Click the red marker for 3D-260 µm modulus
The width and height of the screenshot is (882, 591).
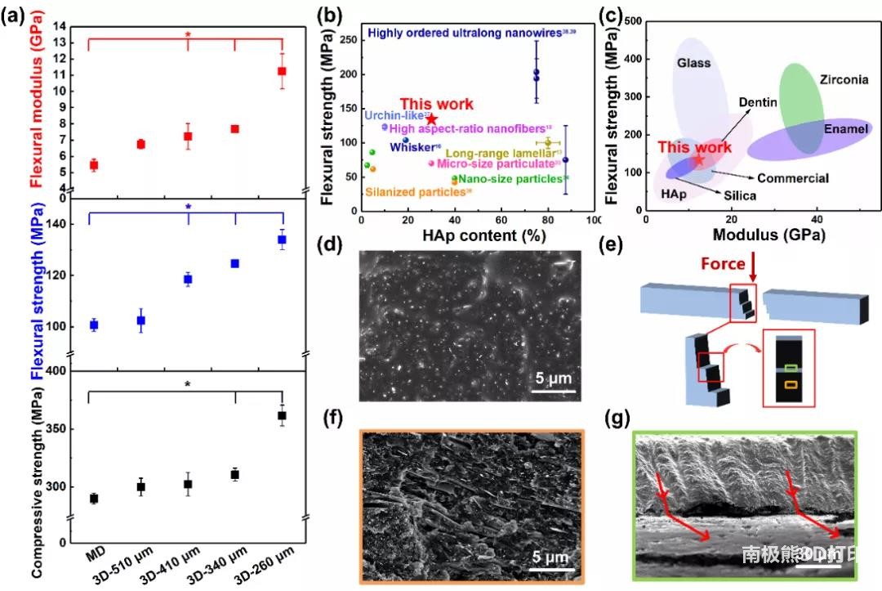coord(282,71)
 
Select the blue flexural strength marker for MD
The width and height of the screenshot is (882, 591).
coord(94,325)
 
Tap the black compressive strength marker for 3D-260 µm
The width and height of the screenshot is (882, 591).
coord(282,416)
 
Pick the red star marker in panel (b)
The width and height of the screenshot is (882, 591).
coord(431,119)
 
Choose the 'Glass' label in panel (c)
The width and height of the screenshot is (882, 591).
coord(693,63)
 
